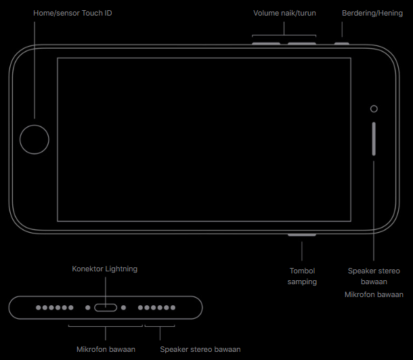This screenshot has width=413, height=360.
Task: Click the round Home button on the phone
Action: (x=34, y=139)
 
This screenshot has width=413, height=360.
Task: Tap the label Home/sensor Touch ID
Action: (x=72, y=13)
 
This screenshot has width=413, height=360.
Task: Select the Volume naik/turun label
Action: (x=284, y=13)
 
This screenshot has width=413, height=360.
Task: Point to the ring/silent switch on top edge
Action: (x=342, y=43)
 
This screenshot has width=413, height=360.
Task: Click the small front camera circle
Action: (x=374, y=108)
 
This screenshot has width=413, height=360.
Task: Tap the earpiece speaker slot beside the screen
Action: (x=374, y=139)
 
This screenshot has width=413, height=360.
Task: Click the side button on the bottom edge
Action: (x=302, y=235)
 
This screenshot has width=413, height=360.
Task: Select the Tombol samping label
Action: (x=302, y=276)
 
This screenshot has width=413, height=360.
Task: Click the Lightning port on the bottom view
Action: (x=106, y=307)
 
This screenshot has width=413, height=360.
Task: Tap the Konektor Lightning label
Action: (x=105, y=269)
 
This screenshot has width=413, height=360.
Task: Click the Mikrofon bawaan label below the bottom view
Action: (x=106, y=349)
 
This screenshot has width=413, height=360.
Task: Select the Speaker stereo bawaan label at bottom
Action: (x=200, y=349)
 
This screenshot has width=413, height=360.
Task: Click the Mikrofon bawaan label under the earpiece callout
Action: (x=374, y=294)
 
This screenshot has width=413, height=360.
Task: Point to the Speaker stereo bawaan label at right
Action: (x=374, y=275)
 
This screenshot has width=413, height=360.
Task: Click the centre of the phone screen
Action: (x=204, y=139)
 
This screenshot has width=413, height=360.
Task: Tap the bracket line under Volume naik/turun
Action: (x=284, y=36)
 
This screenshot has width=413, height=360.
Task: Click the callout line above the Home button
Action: (x=34, y=68)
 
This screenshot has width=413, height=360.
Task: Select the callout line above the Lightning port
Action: (x=106, y=288)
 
